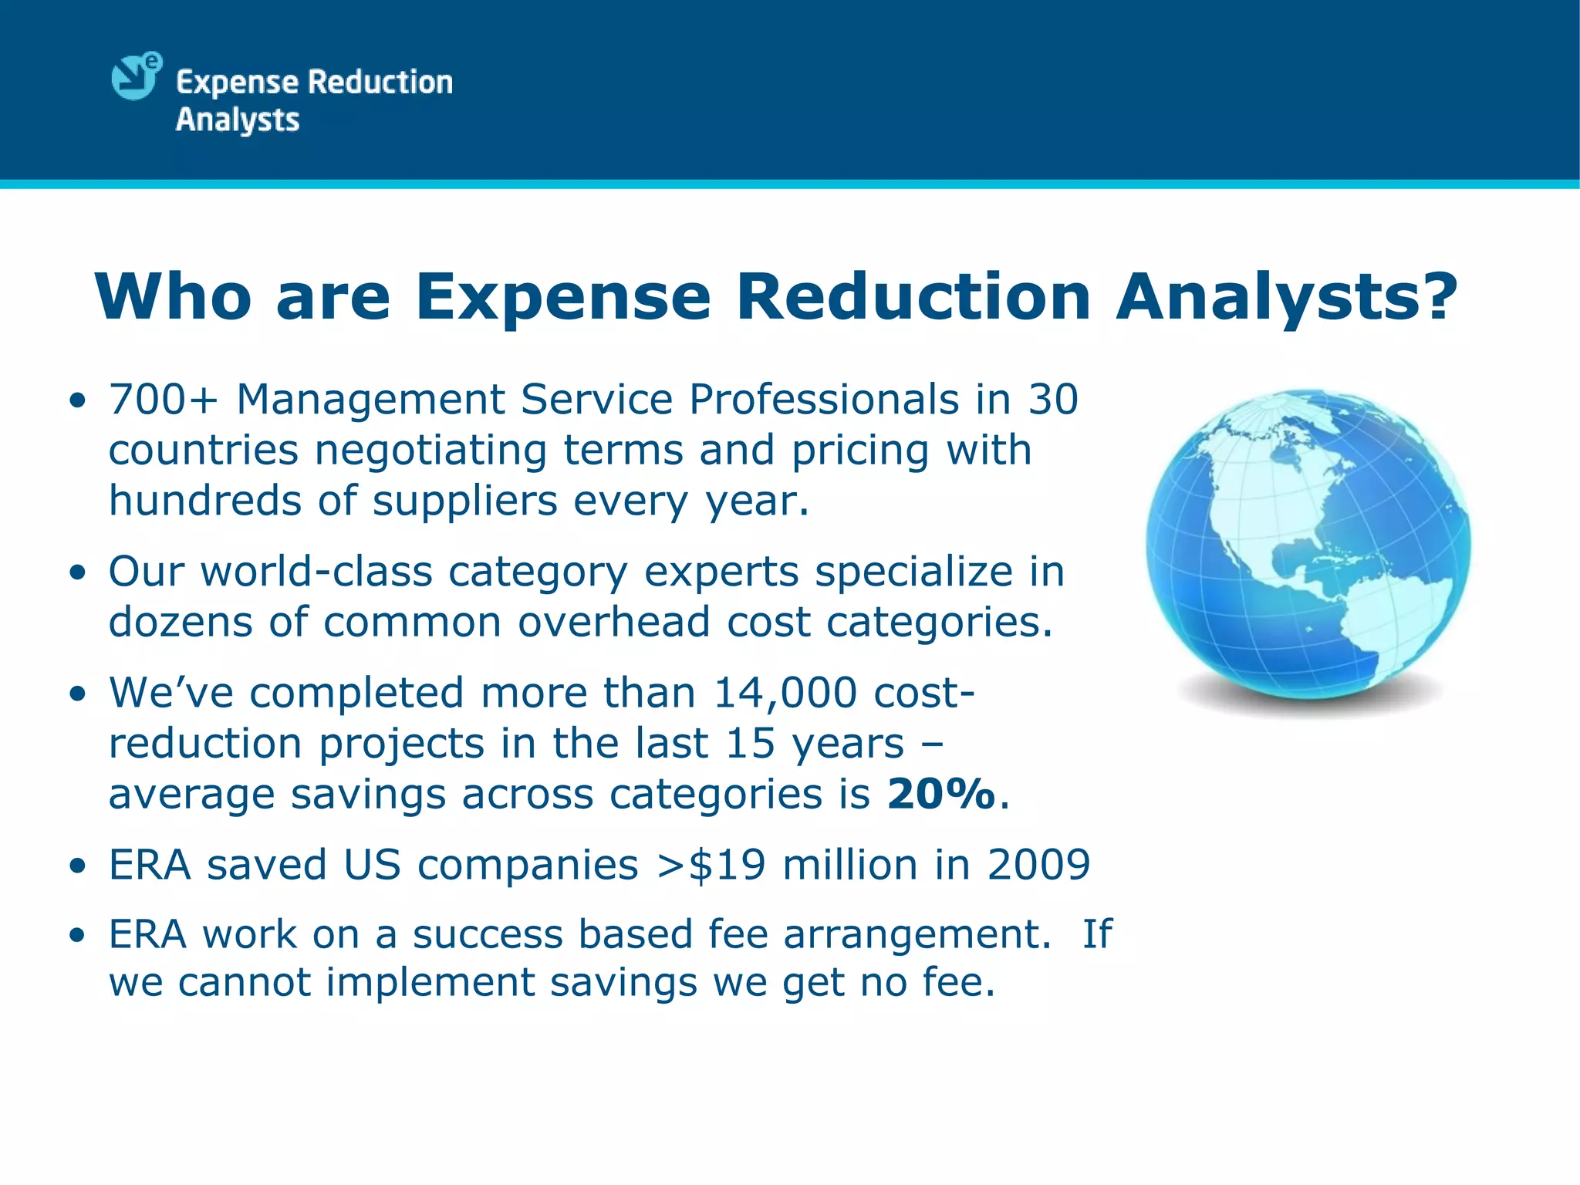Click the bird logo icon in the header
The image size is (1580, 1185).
pyautogui.click(x=136, y=76)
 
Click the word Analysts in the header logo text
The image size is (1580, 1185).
pyautogui.click(x=238, y=120)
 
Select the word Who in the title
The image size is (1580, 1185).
pyautogui.click(x=173, y=296)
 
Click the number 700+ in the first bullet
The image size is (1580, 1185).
pyautogui.click(x=163, y=400)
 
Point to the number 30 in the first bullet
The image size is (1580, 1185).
pyautogui.click(x=1053, y=400)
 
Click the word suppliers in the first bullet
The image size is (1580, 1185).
pyautogui.click(x=464, y=501)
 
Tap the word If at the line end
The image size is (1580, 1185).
pyautogui.click(x=1096, y=934)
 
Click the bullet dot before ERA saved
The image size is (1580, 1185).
pyautogui.click(x=76, y=866)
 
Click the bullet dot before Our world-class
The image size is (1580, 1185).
pyautogui.click(x=76, y=574)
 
